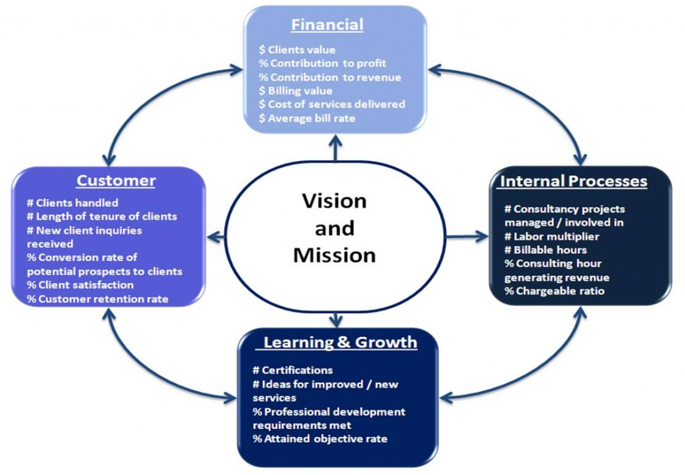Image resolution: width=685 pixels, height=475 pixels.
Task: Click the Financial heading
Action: pyautogui.click(x=327, y=25)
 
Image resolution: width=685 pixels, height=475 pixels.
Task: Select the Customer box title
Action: pyautogui.click(x=116, y=180)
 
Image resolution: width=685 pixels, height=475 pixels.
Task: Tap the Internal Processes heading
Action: pyautogui.click(x=573, y=182)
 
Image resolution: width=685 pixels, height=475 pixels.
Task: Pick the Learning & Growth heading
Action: pyautogui.click(x=340, y=342)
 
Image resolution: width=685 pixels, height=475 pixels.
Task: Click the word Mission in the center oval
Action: pyautogui.click(x=334, y=255)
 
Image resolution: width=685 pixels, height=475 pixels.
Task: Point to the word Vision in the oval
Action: pyautogui.click(x=334, y=200)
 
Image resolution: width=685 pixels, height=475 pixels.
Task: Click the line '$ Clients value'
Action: pyautogui.click(x=297, y=50)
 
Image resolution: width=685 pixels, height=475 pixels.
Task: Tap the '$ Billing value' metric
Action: pyautogui.click(x=295, y=90)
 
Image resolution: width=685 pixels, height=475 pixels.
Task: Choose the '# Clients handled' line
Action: pyautogui.click(x=72, y=202)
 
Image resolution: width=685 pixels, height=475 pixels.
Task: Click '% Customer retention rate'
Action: pyautogui.click(x=97, y=299)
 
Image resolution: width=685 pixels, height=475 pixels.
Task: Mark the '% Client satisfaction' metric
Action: pyautogui.click(x=80, y=285)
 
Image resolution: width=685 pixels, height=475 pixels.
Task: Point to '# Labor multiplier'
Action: pyautogui.click(x=552, y=236)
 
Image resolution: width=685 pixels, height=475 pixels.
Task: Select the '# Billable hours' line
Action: pyautogui.click(x=545, y=250)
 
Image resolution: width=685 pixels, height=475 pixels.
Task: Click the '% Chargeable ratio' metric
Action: pyautogui.click(x=555, y=291)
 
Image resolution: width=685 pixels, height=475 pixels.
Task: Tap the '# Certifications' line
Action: pyautogui.click(x=292, y=370)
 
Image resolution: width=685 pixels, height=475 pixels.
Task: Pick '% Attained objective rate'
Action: pyautogui.click(x=320, y=439)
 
